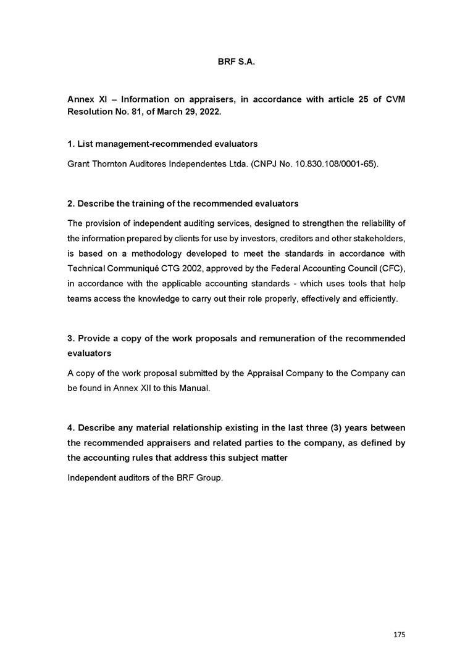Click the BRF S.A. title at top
(x=236, y=62)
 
